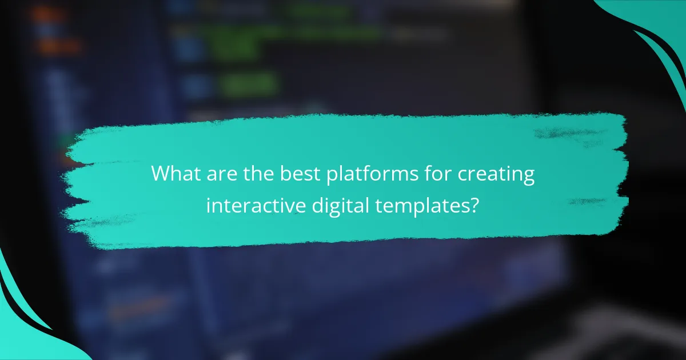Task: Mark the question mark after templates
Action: [x=474, y=205]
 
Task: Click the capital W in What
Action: [x=161, y=174]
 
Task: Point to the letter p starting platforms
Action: [x=330, y=177]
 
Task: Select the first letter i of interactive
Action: [x=208, y=205]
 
